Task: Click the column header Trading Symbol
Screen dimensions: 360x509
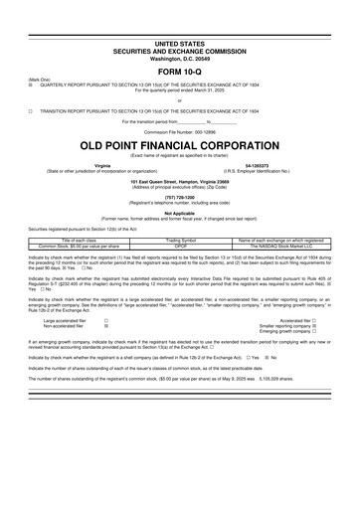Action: pyautogui.click(x=180, y=239)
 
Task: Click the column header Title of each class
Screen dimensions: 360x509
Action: pyautogui.click(x=78, y=239)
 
